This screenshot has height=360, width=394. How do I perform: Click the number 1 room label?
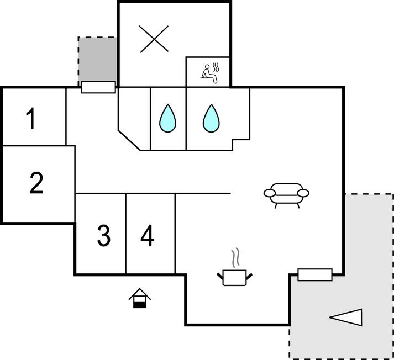pyautogui.click(x=31, y=119)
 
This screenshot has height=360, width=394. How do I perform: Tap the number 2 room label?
pyautogui.click(x=36, y=183)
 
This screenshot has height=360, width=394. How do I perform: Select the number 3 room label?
pyautogui.click(x=103, y=236)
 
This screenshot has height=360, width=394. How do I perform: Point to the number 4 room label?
pyautogui.click(x=147, y=236)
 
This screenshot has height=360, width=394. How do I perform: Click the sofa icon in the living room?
pyautogui.click(x=286, y=194)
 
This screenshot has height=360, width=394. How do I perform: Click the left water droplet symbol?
pyautogui.click(x=168, y=118)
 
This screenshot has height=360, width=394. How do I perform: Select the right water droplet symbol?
pyautogui.click(x=210, y=118)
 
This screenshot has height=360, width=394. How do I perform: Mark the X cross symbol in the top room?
pyautogui.click(x=154, y=39)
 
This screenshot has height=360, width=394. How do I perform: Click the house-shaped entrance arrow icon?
pyautogui.click(x=140, y=298)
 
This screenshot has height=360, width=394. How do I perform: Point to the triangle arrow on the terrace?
pyautogui.click(x=346, y=317)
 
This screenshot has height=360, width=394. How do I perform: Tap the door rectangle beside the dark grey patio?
pyautogui.click(x=98, y=87)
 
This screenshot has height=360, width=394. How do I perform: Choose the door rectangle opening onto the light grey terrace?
pyautogui.click(x=315, y=274)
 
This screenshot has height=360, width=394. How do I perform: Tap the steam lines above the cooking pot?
pyautogui.click(x=236, y=257)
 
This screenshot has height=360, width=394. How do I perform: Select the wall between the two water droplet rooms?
pyautogui.click(x=186, y=118)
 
